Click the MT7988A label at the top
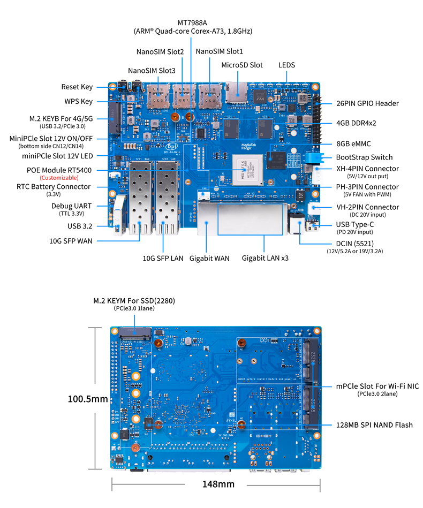point(192,22)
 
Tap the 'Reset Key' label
point(77,87)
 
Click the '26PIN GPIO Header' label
point(367,103)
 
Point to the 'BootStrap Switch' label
point(364,157)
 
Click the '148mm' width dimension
point(218,484)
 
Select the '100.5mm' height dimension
point(88,399)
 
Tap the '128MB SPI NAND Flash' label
point(374,425)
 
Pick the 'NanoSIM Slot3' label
point(152,71)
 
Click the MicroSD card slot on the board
point(235,92)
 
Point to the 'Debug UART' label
point(71,206)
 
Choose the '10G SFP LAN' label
point(163,258)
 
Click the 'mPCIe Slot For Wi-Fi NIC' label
point(377,386)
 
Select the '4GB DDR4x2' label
point(356,123)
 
